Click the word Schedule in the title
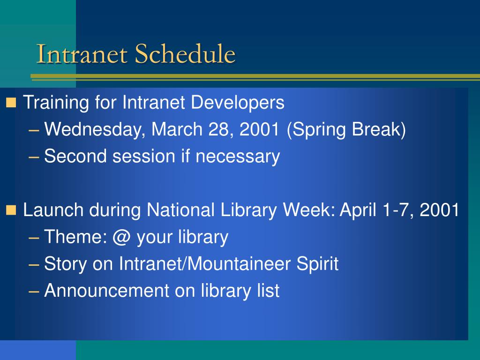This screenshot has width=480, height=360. coord(185,53)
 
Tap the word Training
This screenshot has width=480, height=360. coord(56,103)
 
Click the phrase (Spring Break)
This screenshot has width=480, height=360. coord(346,130)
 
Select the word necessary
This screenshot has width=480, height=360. coord(238,157)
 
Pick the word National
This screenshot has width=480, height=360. coord(180,210)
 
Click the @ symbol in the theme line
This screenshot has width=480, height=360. coord(121,238)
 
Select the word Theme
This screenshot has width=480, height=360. coord(76,237)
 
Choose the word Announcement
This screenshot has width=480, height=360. coord(107,291)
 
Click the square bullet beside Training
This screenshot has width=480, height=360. coord(11,103)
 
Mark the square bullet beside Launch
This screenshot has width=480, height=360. coord(11,210)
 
